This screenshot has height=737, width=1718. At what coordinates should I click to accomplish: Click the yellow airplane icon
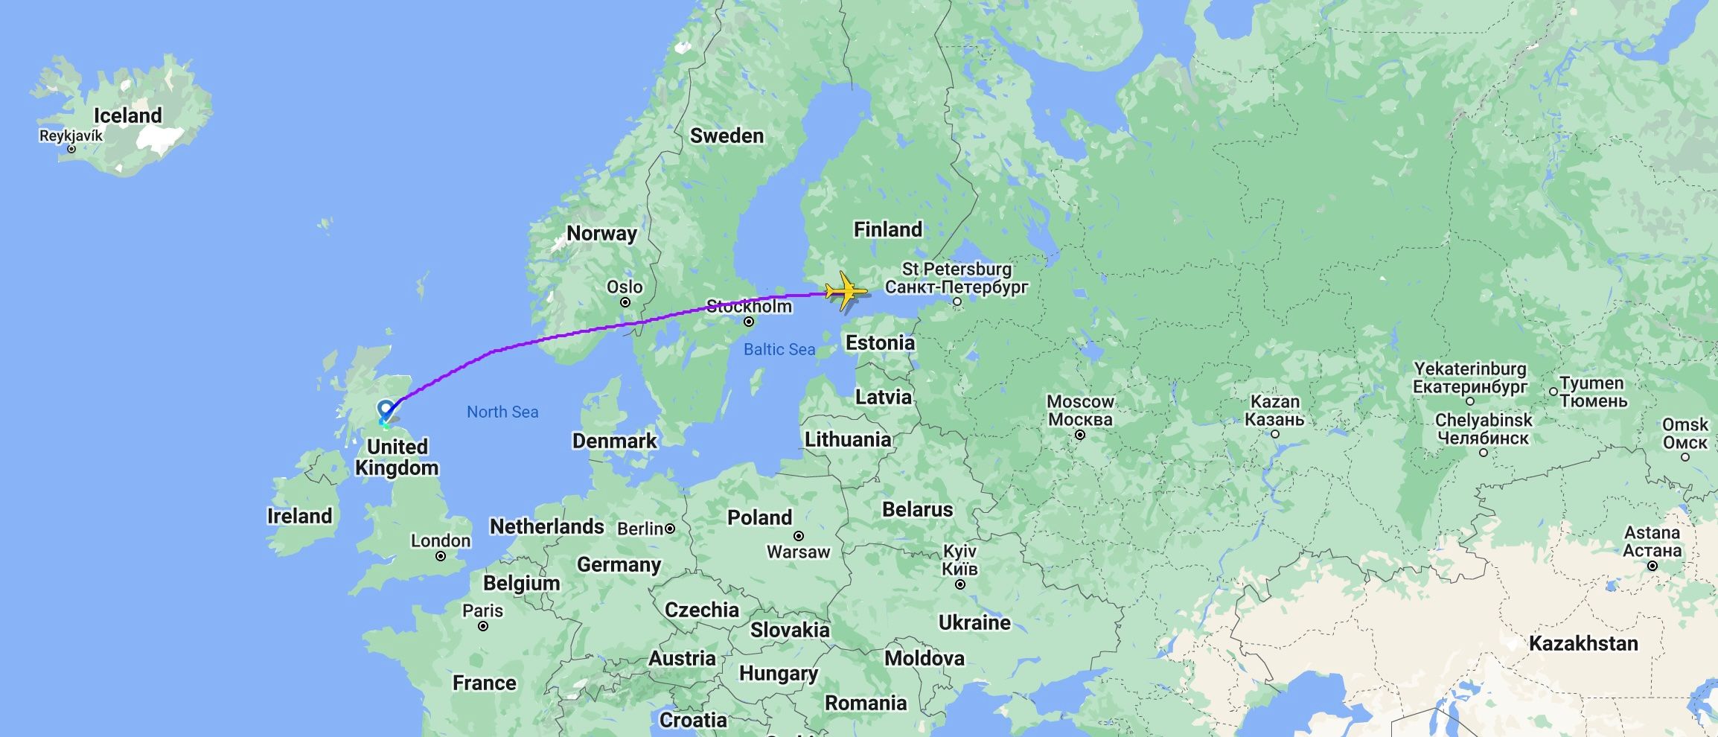pos(846,291)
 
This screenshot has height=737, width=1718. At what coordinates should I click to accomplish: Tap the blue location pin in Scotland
pos(386,410)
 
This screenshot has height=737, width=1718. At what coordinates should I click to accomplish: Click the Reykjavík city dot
pos(71,149)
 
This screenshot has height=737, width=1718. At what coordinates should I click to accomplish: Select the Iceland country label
pos(127,116)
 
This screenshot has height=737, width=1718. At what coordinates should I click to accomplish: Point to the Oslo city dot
pos(625,302)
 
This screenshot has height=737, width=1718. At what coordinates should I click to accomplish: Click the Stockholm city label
pos(749,307)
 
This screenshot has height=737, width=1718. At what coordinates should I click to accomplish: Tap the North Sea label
pos(502,412)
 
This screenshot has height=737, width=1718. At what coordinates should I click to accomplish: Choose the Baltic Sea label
pos(779,349)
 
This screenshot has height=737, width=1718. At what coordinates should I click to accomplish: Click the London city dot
pos(441,556)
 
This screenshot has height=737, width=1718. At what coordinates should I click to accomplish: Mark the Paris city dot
pos(483,626)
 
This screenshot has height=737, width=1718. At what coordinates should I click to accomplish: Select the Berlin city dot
pos(670,529)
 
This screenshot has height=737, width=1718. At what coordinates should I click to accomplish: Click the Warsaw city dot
pos(799,536)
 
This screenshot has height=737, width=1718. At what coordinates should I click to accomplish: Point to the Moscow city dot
pos(1079,435)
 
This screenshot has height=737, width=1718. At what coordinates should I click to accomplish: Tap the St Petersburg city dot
pos(957,301)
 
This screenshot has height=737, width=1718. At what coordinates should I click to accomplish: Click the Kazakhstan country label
pos(1583,644)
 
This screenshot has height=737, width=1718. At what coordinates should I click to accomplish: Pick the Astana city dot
pos(1652,566)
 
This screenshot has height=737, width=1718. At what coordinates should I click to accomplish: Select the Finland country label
pos(887,229)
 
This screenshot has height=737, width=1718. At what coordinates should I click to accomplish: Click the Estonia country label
pos(880,343)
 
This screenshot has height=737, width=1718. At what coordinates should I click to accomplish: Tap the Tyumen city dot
pos(1553,392)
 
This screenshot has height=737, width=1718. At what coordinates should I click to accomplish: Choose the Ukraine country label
pos(974,622)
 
